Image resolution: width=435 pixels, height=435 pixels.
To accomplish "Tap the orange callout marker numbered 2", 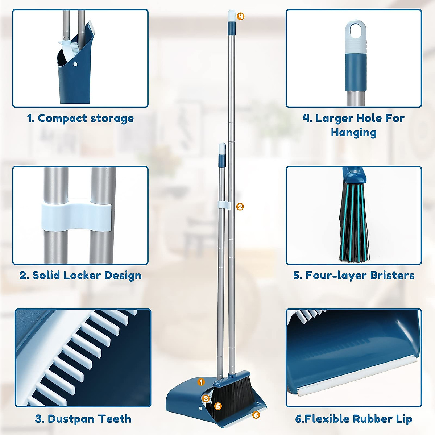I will coord(240,207).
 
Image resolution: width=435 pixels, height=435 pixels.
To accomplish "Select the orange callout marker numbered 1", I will coord(202,382).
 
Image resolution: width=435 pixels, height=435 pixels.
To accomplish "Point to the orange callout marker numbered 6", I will coord(256,415).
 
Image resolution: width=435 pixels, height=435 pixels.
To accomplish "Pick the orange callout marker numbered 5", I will coord(218,406).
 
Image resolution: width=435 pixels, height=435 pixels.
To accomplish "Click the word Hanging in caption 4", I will coord(353,133).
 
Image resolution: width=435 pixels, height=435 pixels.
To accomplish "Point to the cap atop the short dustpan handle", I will coord(222,149).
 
